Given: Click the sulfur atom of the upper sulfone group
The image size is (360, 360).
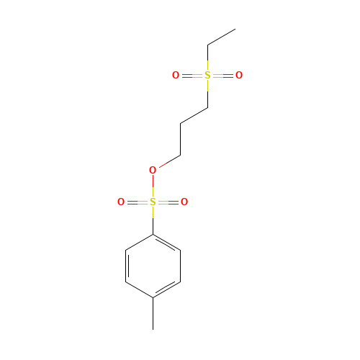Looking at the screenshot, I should [207, 76].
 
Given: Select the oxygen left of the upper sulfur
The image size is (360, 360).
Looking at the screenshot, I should [176, 76].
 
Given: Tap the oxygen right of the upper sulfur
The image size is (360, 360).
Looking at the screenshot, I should [239, 76].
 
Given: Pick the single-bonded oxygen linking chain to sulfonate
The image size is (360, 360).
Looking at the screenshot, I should [153, 171].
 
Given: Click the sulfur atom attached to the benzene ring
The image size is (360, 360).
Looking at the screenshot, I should [153, 202].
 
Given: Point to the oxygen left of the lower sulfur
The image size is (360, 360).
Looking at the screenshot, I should [121, 202].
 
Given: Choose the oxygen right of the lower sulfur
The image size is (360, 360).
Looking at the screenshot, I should [184, 202].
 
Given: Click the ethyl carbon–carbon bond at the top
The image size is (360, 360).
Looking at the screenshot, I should [221, 37].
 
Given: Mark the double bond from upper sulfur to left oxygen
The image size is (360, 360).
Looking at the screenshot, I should [192, 76].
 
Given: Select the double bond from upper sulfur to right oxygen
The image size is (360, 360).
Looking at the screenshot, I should [223, 76].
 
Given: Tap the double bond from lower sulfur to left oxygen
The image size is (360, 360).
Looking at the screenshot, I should [137, 202].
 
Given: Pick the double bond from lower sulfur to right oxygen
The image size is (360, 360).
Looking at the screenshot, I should [168, 202].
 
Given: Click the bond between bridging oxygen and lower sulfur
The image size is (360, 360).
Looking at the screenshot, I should [153, 186].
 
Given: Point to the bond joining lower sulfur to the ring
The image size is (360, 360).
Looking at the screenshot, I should [153, 218].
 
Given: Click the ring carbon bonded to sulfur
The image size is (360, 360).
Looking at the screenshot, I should [153, 234].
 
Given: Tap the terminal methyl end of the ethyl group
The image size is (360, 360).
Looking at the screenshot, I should [235, 30].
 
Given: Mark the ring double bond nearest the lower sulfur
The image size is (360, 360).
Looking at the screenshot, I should [166, 242].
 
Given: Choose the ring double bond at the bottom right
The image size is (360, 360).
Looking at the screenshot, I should [166, 289].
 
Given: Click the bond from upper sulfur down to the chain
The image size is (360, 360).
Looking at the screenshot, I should [207, 91].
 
